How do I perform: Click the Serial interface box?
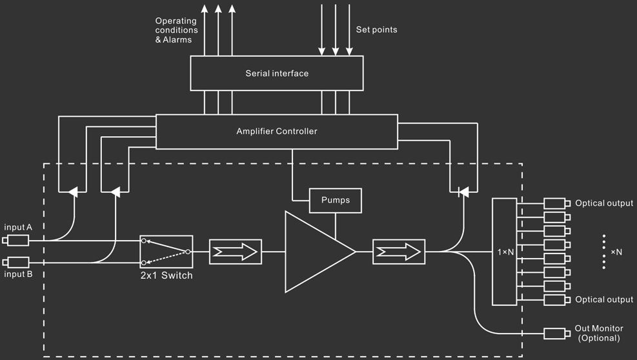[277, 73]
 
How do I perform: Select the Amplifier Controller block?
[277, 132]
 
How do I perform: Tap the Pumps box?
[335, 200]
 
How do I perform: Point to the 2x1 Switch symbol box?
[166, 252]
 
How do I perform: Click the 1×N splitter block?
[505, 252]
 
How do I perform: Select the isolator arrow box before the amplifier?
[235, 252]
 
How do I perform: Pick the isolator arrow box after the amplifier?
[399, 252]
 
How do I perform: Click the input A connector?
[16, 241]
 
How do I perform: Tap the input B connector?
[16, 263]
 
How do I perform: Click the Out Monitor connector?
[557, 334]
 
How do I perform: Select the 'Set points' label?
[377, 30]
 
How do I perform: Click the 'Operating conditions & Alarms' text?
[176, 30]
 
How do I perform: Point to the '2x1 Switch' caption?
[167, 275]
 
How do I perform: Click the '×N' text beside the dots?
[616, 252]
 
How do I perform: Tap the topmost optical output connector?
[557, 203]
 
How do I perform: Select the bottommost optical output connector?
[557, 300]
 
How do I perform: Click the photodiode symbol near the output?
[463, 192]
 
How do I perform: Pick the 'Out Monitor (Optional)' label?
[599, 333]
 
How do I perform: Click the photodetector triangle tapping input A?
[73, 192]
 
